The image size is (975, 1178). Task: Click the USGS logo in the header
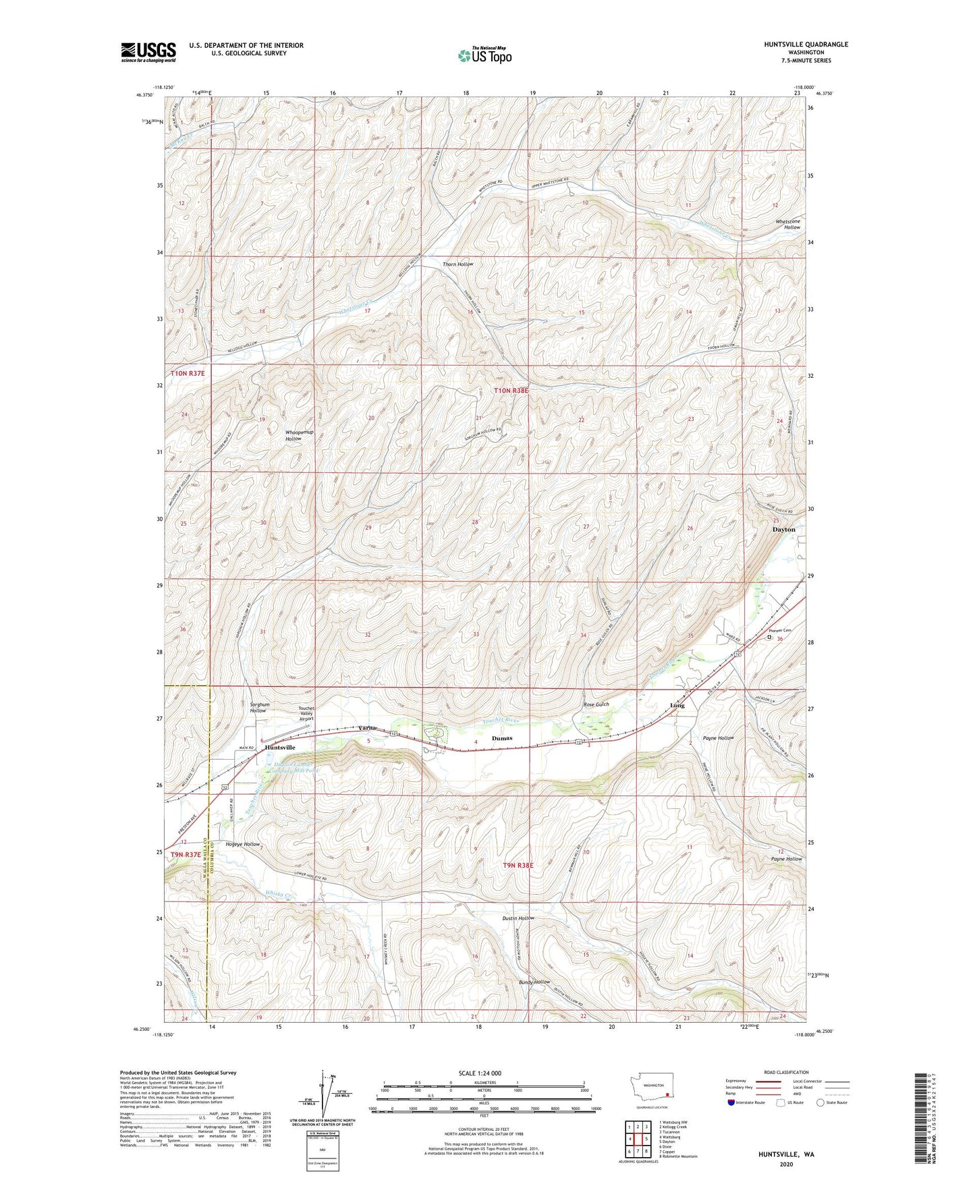[x=148, y=52]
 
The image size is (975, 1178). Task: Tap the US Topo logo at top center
[x=484, y=55]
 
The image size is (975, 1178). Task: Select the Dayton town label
[x=783, y=530]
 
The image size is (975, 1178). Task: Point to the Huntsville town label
[x=280, y=748]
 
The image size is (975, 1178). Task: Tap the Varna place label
[x=367, y=728]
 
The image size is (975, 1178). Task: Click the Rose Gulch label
[x=596, y=704]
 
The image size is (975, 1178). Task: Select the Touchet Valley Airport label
[x=306, y=714]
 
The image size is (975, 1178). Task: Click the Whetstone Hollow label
[x=787, y=224]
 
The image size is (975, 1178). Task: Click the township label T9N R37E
[x=185, y=855]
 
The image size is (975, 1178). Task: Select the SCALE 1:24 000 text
[x=480, y=1073]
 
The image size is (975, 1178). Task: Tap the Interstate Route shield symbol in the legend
[x=731, y=1102]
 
